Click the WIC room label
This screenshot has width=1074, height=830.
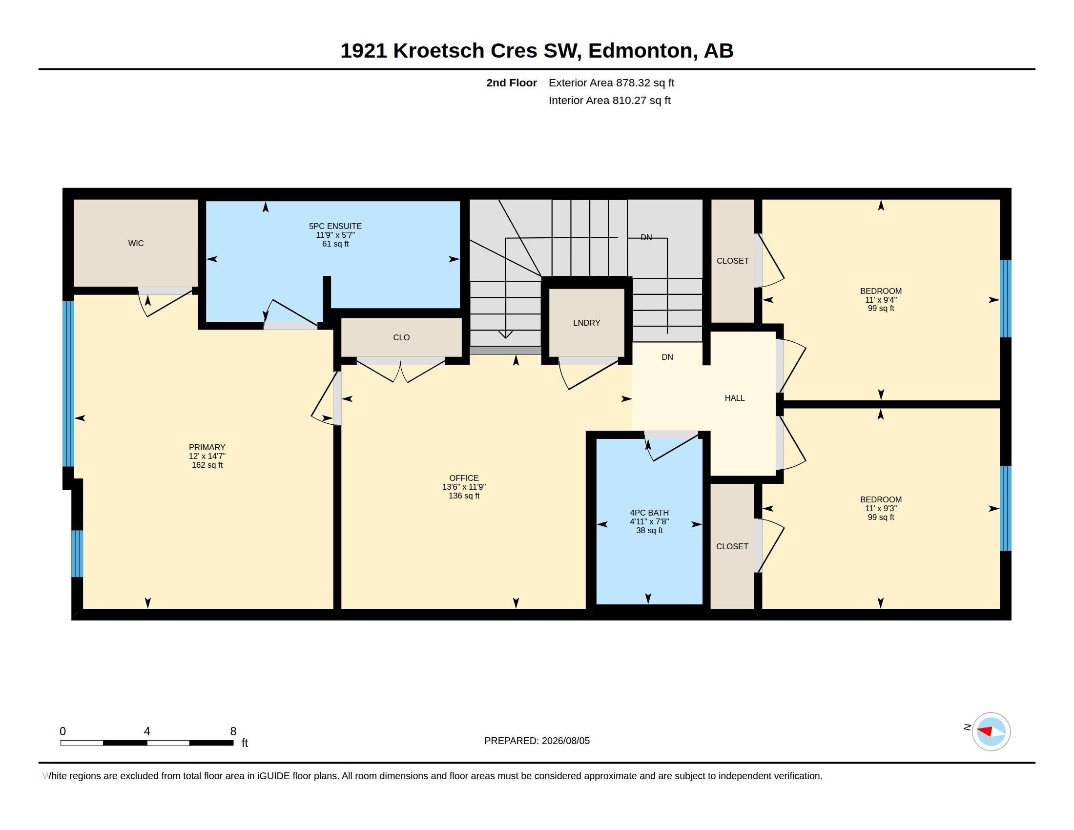pyautogui.click(x=136, y=244)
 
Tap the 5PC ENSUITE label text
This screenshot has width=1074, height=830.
pyautogui.click(x=335, y=226)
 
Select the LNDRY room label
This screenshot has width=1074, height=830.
pyautogui.click(x=587, y=323)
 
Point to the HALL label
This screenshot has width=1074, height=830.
pyautogui.click(x=735, y=398)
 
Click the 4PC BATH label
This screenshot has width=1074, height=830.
pyautogui.click(x=649, y=513)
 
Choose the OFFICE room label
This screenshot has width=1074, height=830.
pyautogui.click(x=464, y=478)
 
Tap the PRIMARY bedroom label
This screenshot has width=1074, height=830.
pyautogui.click(x=207, y=447)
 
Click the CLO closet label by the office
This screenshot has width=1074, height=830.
pyautogui.click(x=401, y=338)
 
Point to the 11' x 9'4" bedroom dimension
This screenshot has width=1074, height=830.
pyautogui.click(x=881, y=300)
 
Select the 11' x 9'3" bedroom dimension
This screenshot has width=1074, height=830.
pyautogui.click(x=881, y=508)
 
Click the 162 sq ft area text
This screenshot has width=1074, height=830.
pyautogui.click(x=207, y=465)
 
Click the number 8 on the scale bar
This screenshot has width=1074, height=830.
pyautogui.click(x=233, y=731)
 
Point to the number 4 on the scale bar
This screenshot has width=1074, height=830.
pyautogui.click(x=146, y=731)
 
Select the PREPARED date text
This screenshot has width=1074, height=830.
pyautogui.click(x=537, y=741)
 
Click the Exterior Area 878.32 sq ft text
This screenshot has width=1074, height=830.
pyautogui.click(x=611, y=83)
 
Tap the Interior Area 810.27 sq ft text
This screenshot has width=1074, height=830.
pyautogui.click(x=609, y=101)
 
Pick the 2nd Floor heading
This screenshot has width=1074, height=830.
pyautogui.click(x=512, y=83)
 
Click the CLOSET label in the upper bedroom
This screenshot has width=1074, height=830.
pyautogui.click(x=733, y=261)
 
